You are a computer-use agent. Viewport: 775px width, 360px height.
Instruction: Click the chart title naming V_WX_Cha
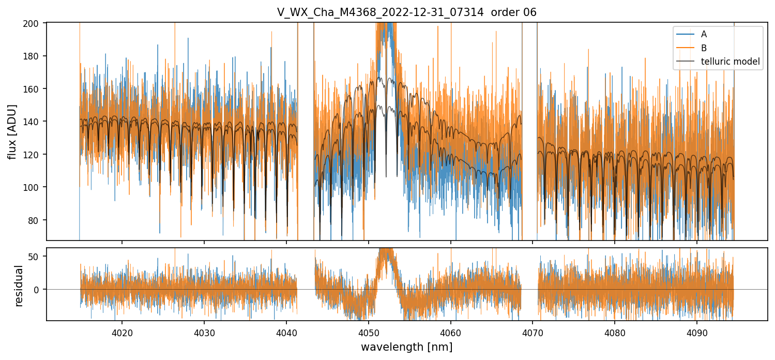coord(406,12)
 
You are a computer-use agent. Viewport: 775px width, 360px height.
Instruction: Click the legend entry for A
coord(704,34)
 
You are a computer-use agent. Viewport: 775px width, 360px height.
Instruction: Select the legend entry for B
coord(704,48)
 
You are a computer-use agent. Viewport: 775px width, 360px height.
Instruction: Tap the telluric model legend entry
coord(730,62)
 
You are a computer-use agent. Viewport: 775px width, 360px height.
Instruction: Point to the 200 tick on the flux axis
coord(36,23)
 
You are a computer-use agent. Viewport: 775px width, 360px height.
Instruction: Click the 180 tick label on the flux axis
coord(36,56)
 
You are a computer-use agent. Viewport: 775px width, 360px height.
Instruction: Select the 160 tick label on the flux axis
coord(36,89)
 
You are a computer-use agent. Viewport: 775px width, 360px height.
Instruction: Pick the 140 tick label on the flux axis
coord(36,122)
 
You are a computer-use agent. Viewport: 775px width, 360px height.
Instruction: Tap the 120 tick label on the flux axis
coord(36,155)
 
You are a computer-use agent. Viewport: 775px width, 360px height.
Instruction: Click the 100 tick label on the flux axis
coord(36,187)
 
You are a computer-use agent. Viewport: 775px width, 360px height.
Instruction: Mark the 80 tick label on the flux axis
coord(38,220)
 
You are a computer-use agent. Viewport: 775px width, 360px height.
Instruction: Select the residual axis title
coord(19,286)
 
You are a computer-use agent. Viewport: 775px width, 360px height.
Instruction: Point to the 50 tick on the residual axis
coord(38,257)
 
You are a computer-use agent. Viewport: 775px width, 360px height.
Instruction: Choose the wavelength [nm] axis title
coord(406,347)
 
